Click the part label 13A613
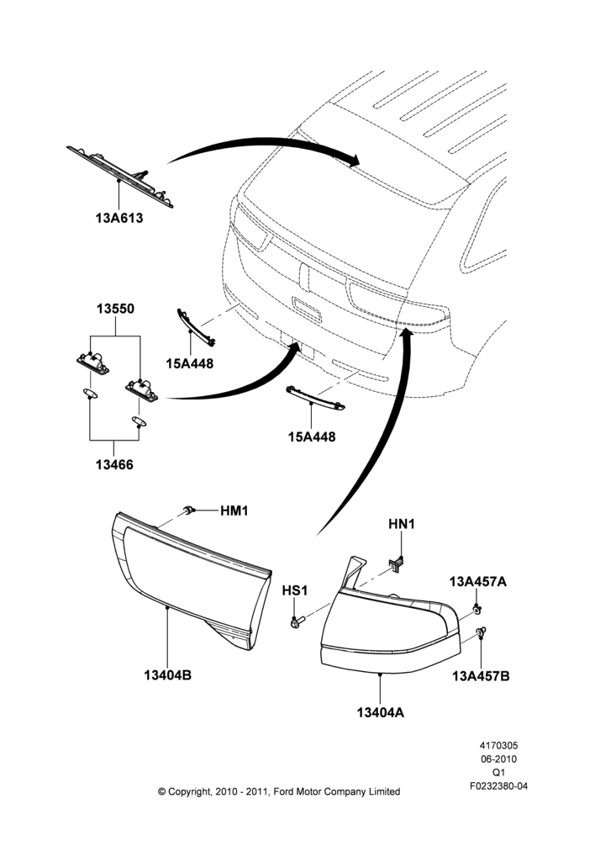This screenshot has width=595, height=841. pyautogui.click(x=119, y=219)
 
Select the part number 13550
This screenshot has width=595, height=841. pyautogui.click(x=115, y=309)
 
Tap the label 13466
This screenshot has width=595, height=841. pyautogui.click(x=114, y=464)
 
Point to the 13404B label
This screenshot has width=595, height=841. pyautogui.click(x=167, y=675)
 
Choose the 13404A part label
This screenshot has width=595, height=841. pyautogui.click(x=381, y=712)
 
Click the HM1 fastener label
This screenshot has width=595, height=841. pyautogui.click(x=234, y=510)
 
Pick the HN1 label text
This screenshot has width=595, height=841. pyautogui.click(x=402, y=524)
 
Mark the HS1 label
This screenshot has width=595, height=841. pyautogui.click(x=295, y=590)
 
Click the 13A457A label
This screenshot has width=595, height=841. pyautogui.click(x=477, y=581)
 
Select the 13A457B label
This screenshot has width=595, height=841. pyautogui.click(x=481, y=676)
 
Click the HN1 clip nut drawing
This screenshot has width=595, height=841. pyautogui.click(x=397, y=563)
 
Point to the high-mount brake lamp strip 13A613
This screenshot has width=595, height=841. pyautogui.click(x=120, y=177)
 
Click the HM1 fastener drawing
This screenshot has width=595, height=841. pyautogui.click(x=188, y=509)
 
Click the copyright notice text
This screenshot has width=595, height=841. pyautogui.click(x=279, y=791)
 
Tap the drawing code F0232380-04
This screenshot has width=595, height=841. pyautogui.click(x=498, y=786)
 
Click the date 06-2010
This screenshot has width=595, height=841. pyautogui.click(x=498, y=759)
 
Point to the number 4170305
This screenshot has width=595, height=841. pyautogui.click(x=498, y=745)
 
